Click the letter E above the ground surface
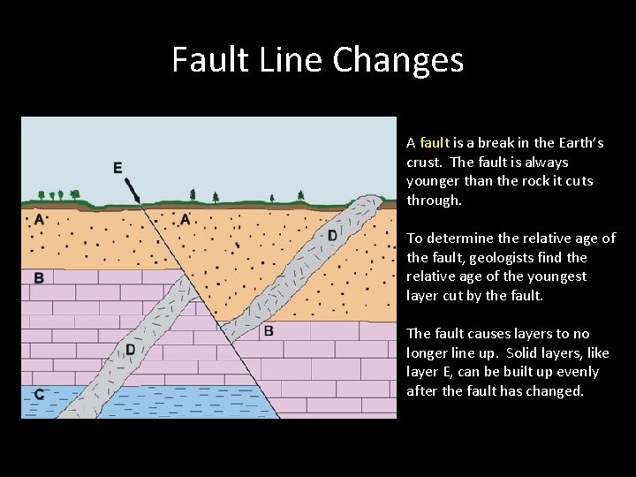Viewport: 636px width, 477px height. (117, 168)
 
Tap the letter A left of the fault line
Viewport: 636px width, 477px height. (39, 219)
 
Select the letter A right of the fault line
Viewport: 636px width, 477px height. (185, 219)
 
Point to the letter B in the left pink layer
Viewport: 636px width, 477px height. (39, 278)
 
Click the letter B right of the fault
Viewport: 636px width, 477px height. (269, 331)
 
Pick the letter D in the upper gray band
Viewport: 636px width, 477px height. (332, 235)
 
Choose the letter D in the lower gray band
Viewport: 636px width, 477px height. (130, 350)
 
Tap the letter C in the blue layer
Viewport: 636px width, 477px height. (38, 395)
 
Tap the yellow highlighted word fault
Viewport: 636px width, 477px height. (435, 142)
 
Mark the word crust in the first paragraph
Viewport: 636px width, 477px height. (423, 162)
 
